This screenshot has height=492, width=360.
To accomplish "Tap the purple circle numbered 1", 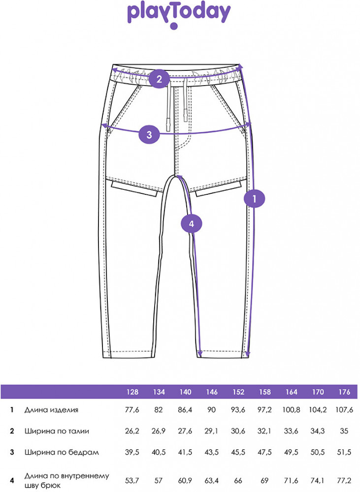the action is coord(255,199).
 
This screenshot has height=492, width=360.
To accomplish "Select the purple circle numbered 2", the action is coord(159,79).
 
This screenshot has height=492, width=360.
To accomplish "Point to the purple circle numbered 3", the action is coord(149,135).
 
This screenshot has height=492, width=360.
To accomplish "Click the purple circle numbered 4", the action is coord(192,224).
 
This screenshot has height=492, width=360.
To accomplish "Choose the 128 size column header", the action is coord(132,392).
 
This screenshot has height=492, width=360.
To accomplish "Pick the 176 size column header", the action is coord(344,392).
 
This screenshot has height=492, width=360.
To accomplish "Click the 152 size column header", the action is coord(238,392).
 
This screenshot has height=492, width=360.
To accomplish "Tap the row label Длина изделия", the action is coord(51,410).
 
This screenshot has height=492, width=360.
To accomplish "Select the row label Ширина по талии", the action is coord(57,431).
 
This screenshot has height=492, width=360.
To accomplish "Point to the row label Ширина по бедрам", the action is coord(62,453).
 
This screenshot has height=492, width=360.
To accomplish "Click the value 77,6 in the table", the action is coord(132,410).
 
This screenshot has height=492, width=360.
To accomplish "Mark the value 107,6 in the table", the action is coord(344,410).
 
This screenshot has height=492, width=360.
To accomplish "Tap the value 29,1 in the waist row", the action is coord(211,431).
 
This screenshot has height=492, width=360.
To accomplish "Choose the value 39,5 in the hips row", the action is coord(132,453).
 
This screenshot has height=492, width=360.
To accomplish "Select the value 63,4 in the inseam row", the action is coord(211,480).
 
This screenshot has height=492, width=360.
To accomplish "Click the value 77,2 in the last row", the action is coord(344,480).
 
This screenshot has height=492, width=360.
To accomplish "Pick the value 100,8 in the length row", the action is coord(291,410).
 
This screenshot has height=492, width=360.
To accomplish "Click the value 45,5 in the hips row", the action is coord(238,453).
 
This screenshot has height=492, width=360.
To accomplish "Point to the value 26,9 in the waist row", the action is coord(158,431).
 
